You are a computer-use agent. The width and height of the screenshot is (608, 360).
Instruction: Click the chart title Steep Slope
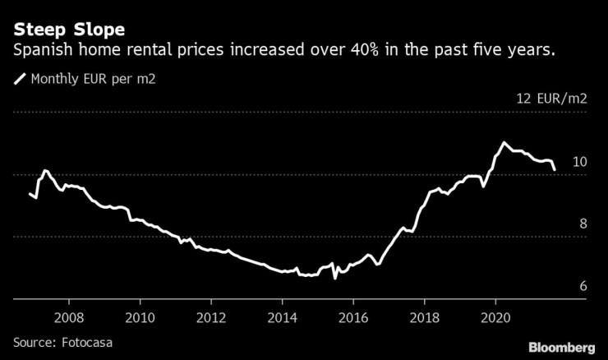68,30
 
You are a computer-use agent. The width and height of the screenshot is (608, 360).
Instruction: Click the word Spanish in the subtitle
41,51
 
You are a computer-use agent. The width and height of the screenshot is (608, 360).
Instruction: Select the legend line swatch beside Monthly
19,80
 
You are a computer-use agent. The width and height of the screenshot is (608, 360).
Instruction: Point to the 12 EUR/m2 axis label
551,99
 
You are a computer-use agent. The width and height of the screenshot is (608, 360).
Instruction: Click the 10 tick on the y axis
579,162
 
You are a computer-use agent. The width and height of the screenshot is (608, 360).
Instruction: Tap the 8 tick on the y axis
583,224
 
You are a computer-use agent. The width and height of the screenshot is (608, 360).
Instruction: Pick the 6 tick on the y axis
583,286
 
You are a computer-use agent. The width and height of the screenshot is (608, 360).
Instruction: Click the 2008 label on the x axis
69,316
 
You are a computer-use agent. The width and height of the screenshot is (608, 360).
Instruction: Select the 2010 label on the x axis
140,316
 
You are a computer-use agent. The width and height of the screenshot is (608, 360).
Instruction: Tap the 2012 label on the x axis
211,316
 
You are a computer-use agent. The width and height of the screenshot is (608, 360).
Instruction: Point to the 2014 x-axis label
282,316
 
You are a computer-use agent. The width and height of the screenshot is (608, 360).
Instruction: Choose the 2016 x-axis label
353,316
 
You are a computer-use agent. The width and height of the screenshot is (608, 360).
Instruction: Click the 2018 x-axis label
425,316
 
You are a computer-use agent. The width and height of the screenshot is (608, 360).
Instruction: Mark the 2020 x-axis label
495,316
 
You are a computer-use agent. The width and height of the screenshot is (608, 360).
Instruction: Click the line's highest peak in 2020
503,142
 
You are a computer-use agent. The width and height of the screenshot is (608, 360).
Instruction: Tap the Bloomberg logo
561,346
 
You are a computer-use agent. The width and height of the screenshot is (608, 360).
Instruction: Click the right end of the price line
554,170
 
